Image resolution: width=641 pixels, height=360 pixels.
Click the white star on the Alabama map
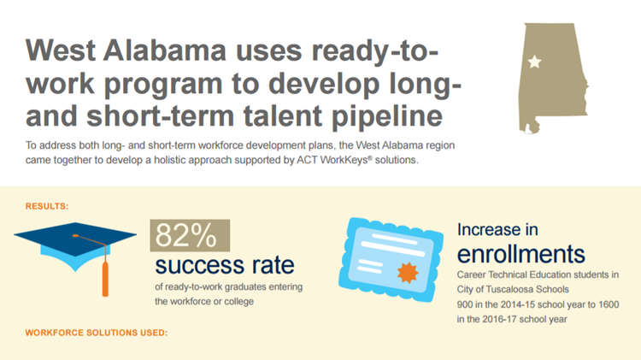[534, 62]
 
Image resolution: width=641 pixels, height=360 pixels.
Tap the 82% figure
[186, 235]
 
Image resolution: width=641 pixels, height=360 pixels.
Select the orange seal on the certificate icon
[408, 273]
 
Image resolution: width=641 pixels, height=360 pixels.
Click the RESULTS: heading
[47, 206]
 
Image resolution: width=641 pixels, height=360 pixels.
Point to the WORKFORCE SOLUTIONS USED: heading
[97, 333]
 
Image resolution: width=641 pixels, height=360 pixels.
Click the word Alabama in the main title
[164, 50]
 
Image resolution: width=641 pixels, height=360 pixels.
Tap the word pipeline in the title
[387, 115]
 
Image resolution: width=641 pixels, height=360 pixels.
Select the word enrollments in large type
[521, 254]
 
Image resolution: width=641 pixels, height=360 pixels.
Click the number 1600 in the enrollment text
[609, 304]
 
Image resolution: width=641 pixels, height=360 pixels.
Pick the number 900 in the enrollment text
[465, 304]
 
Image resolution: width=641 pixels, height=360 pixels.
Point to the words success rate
[225, 265]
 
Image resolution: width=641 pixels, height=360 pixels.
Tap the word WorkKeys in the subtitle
[344, 160]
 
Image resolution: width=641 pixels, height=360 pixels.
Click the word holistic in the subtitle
[169, 160]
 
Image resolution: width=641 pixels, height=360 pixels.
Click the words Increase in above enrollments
[497, 229]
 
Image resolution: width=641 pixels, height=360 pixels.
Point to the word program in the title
[163, 85]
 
